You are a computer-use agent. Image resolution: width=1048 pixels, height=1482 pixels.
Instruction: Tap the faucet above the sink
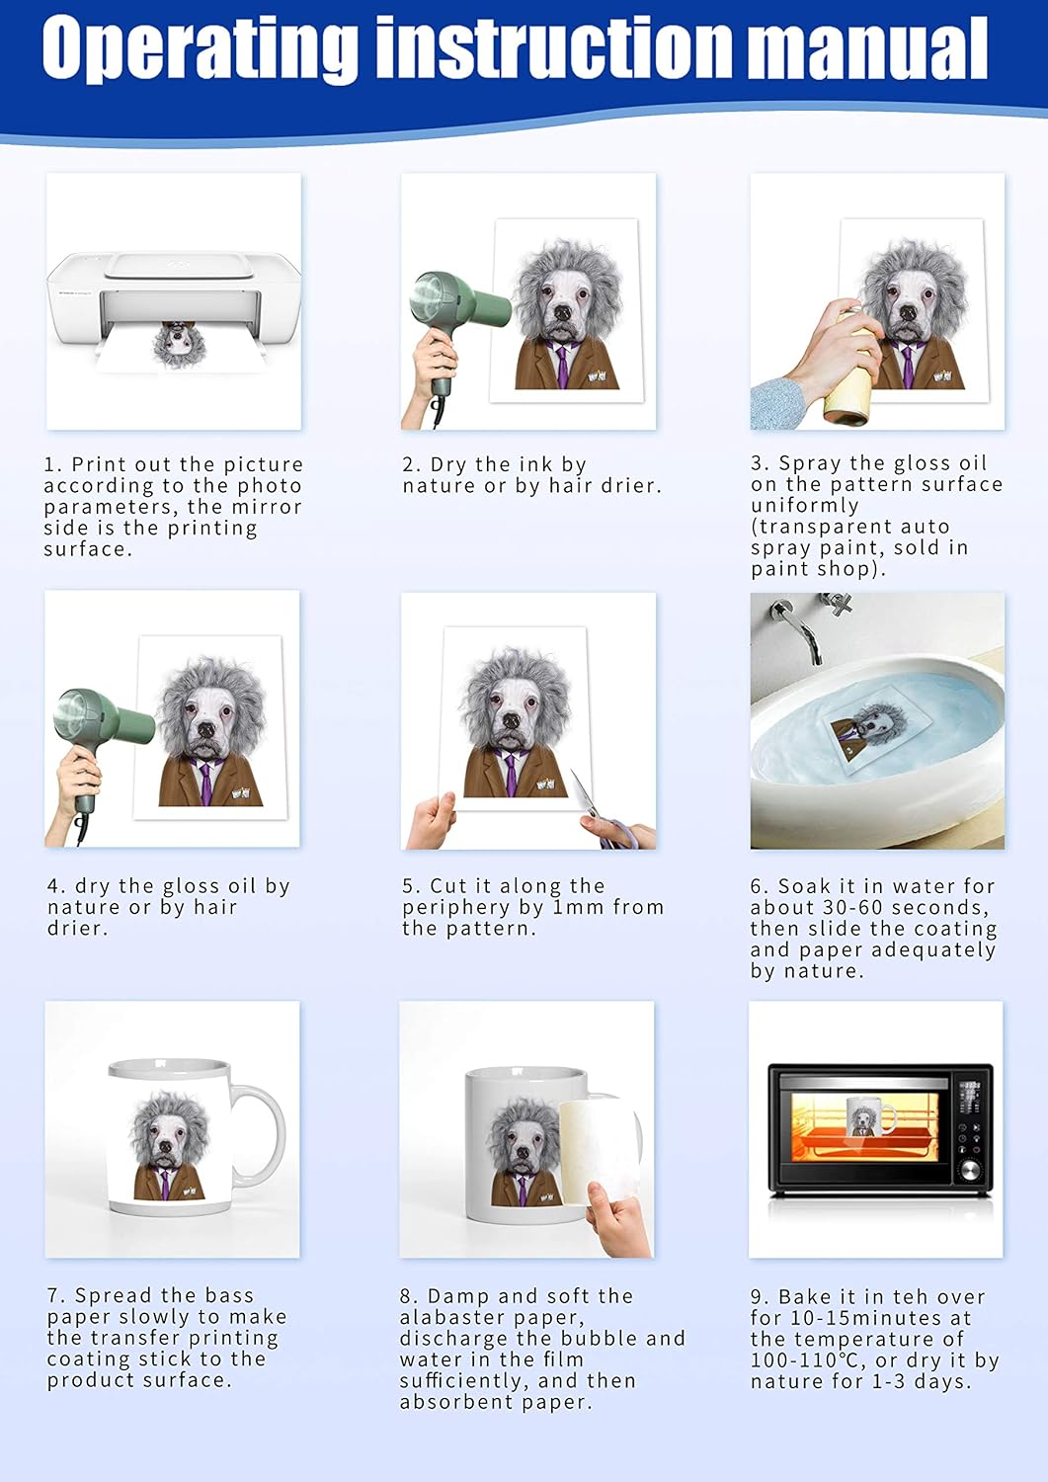tap(799, 627)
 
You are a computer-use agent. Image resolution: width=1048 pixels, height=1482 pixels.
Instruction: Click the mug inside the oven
tap(869, 1116)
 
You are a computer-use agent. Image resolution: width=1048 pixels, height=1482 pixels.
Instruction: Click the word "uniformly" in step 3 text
tap(805, 506)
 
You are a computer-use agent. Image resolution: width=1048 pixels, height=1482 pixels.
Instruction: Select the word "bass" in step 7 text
tap(229, 1294)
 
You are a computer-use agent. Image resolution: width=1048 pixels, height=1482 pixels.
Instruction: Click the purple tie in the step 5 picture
tap(511, 774)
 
